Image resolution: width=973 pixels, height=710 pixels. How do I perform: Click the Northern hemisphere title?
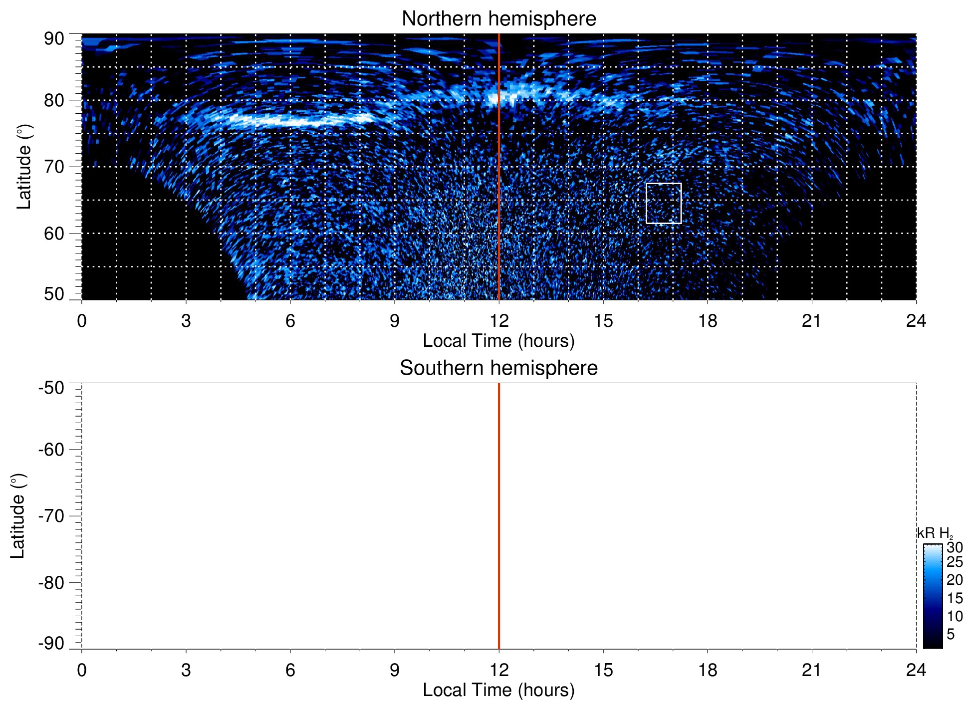click(498, 19)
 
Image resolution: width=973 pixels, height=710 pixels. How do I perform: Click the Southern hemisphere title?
click(498, 368)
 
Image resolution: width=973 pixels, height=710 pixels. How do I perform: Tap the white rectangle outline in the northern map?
click(663, 184)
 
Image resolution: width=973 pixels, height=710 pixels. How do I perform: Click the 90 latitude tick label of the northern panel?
click(54, 39)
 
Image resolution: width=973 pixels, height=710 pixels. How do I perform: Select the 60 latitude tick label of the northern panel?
click(54, 234)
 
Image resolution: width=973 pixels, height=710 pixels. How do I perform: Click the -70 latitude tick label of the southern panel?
click(51, 516)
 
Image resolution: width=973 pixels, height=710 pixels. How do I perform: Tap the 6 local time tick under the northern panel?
click(290, 321)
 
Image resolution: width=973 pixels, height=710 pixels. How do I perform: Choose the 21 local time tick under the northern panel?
click(812, 321)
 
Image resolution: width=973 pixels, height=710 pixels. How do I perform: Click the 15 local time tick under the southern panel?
click(603, 670)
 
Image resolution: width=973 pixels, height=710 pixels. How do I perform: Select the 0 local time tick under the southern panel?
click(82, 670)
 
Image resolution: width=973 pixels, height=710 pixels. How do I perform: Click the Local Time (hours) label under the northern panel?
click(498, 341)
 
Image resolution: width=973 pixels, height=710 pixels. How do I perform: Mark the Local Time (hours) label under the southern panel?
click(498, 691)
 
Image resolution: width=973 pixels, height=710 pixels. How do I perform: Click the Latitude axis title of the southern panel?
click(18, 516)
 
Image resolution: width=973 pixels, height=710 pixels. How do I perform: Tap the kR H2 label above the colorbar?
click(935, 533)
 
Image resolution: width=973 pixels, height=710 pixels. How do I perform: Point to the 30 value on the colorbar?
click(955, 547)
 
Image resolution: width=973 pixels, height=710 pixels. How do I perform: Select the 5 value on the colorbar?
click(951, 634)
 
